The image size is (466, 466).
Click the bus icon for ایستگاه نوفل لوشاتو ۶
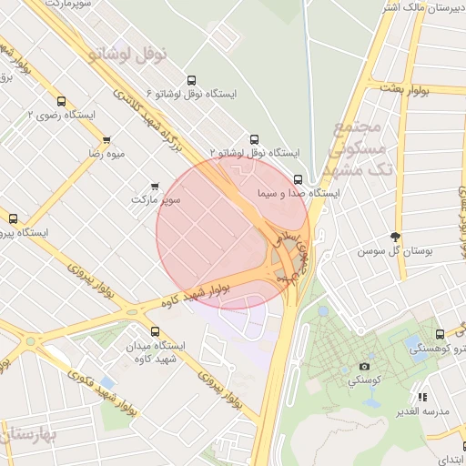(190, 80)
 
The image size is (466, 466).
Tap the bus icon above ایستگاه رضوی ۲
(61, 101)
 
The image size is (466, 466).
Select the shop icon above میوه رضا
(107, 140)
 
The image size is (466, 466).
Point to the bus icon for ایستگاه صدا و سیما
(299, 179)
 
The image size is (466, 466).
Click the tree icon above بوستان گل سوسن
(394, 236)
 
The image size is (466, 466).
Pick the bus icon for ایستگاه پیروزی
(13, 218)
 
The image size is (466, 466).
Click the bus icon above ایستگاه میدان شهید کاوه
(155, 331)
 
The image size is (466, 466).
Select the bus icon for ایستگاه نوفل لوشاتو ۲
(254, 139)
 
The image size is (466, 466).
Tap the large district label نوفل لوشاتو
(128, 53)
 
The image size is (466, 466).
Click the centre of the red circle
(233, 232)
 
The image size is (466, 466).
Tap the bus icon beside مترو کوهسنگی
(440, 334)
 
